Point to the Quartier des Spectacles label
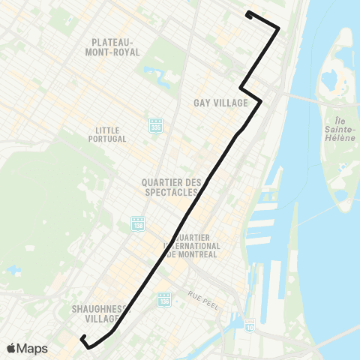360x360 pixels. [x=172, y=187]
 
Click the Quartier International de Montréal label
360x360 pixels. [x=191, y=245]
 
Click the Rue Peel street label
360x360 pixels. [x=202, y=293]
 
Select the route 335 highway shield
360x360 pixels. [x=155, y=125]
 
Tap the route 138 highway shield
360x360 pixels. [x=137, y=224]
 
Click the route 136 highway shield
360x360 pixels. [x=164, y=299]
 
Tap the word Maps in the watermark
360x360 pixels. [x=34, y=348]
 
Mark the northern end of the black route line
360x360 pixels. [x=248, y=13]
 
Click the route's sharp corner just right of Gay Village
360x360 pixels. [x=260, y=101]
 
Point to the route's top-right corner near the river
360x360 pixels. [x=279, y=29]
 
